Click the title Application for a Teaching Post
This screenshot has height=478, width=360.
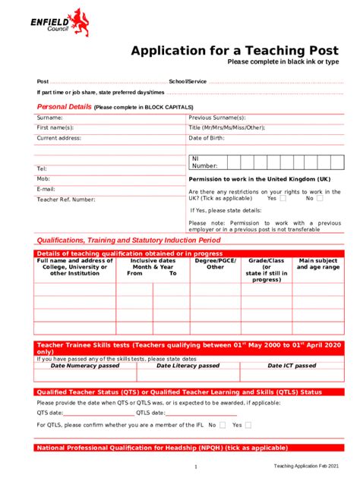tap(235, 51)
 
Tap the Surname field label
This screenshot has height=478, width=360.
tap(50, 118)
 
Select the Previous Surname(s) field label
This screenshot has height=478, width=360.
tap(217, 118)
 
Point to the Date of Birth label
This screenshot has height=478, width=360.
tap(207, 138)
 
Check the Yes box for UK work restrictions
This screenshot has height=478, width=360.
tap(283, 198)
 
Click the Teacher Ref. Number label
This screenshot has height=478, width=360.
tap(66, 200)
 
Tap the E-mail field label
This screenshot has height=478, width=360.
tap(46, 189)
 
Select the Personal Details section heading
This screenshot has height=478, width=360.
tap(65, 107)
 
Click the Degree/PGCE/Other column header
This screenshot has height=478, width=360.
tap(216, 264)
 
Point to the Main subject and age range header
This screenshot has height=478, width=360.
tap(318, 264)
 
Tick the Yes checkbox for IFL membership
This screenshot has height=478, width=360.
tap(248, 426)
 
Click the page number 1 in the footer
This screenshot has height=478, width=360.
tap(195, 467)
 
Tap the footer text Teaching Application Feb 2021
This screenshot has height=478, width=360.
tap(307, 466)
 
